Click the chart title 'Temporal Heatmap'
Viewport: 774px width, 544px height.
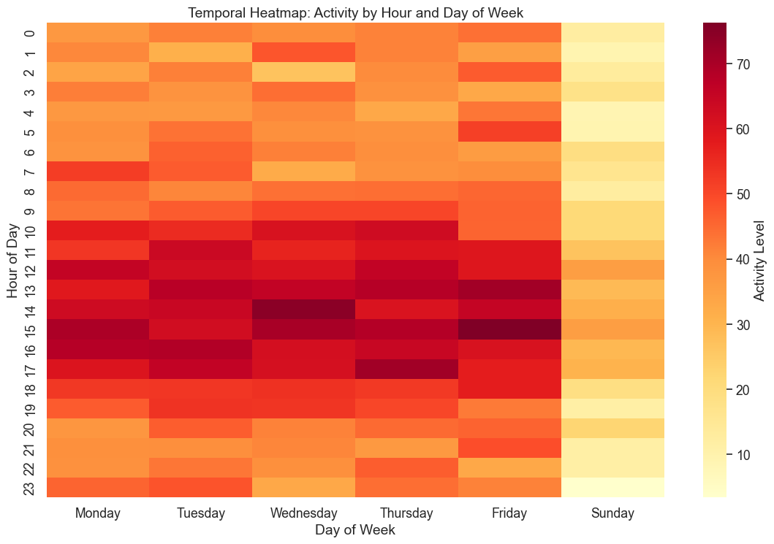point(356,12)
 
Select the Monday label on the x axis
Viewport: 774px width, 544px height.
point(99,514)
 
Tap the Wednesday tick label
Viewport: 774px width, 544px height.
point(304,514)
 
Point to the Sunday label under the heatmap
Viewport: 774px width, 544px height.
point(613,514)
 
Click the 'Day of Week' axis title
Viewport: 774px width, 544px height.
point(356,531)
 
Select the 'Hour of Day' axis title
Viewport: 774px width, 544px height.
point(13,260)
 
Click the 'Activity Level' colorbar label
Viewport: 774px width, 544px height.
point(760,260)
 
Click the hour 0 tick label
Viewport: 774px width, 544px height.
point(30,33)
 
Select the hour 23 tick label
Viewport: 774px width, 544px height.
point(30,487)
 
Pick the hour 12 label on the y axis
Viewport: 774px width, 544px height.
point(30,270)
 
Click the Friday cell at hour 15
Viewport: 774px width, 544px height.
point(510,329)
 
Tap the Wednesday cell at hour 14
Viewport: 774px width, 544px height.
point(304,310)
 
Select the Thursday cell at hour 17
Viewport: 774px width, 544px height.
point(407,369)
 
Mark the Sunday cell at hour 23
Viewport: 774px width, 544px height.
point(613,487)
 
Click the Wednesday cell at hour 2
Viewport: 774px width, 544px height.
point(304,72)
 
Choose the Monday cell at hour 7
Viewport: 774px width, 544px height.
point(99,171)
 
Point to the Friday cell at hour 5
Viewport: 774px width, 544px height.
point(510,131)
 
